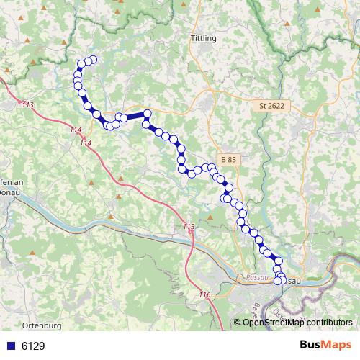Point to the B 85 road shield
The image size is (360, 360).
point(230,159)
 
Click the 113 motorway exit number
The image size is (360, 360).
point(28,106)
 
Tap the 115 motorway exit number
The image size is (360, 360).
point(189,228)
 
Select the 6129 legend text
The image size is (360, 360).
point(33,346)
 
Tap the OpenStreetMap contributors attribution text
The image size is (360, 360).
point(297,323)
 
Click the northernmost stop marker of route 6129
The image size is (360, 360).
point(92,60)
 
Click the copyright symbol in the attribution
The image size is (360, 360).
point(238,323)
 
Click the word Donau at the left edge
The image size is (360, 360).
point(10,192)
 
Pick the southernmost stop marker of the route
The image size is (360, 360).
point(278,281)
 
